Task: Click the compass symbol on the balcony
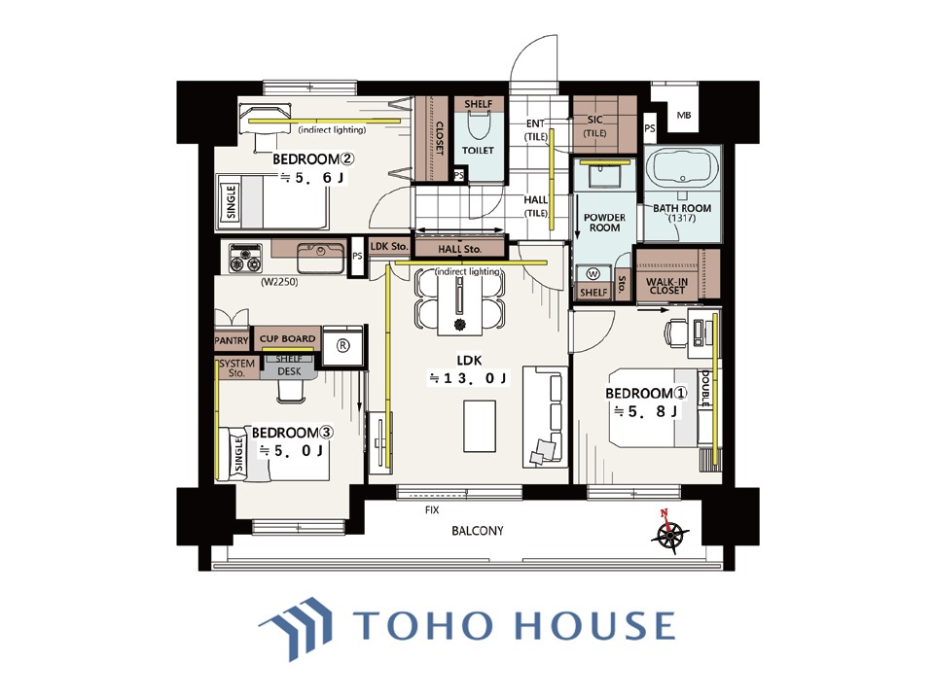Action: [670, 532]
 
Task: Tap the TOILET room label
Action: [478, 150]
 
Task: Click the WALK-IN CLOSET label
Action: [667, 286]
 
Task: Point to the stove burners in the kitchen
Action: [245, 259]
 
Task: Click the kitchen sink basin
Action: [320, 259]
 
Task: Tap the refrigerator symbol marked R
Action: [343, 346]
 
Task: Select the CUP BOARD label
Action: [287, 338]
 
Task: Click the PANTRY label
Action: [232, 340]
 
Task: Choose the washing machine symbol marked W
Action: [593, 274]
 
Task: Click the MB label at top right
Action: [684, 115]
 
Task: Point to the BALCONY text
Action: [477, 531]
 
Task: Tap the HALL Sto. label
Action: [459, 250]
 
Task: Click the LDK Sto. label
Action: [389, 246]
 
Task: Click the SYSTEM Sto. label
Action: [236, 367]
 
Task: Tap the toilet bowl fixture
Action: [478, 123]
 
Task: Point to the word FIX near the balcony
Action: [432, 510]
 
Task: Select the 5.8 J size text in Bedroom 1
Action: [646, 411]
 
